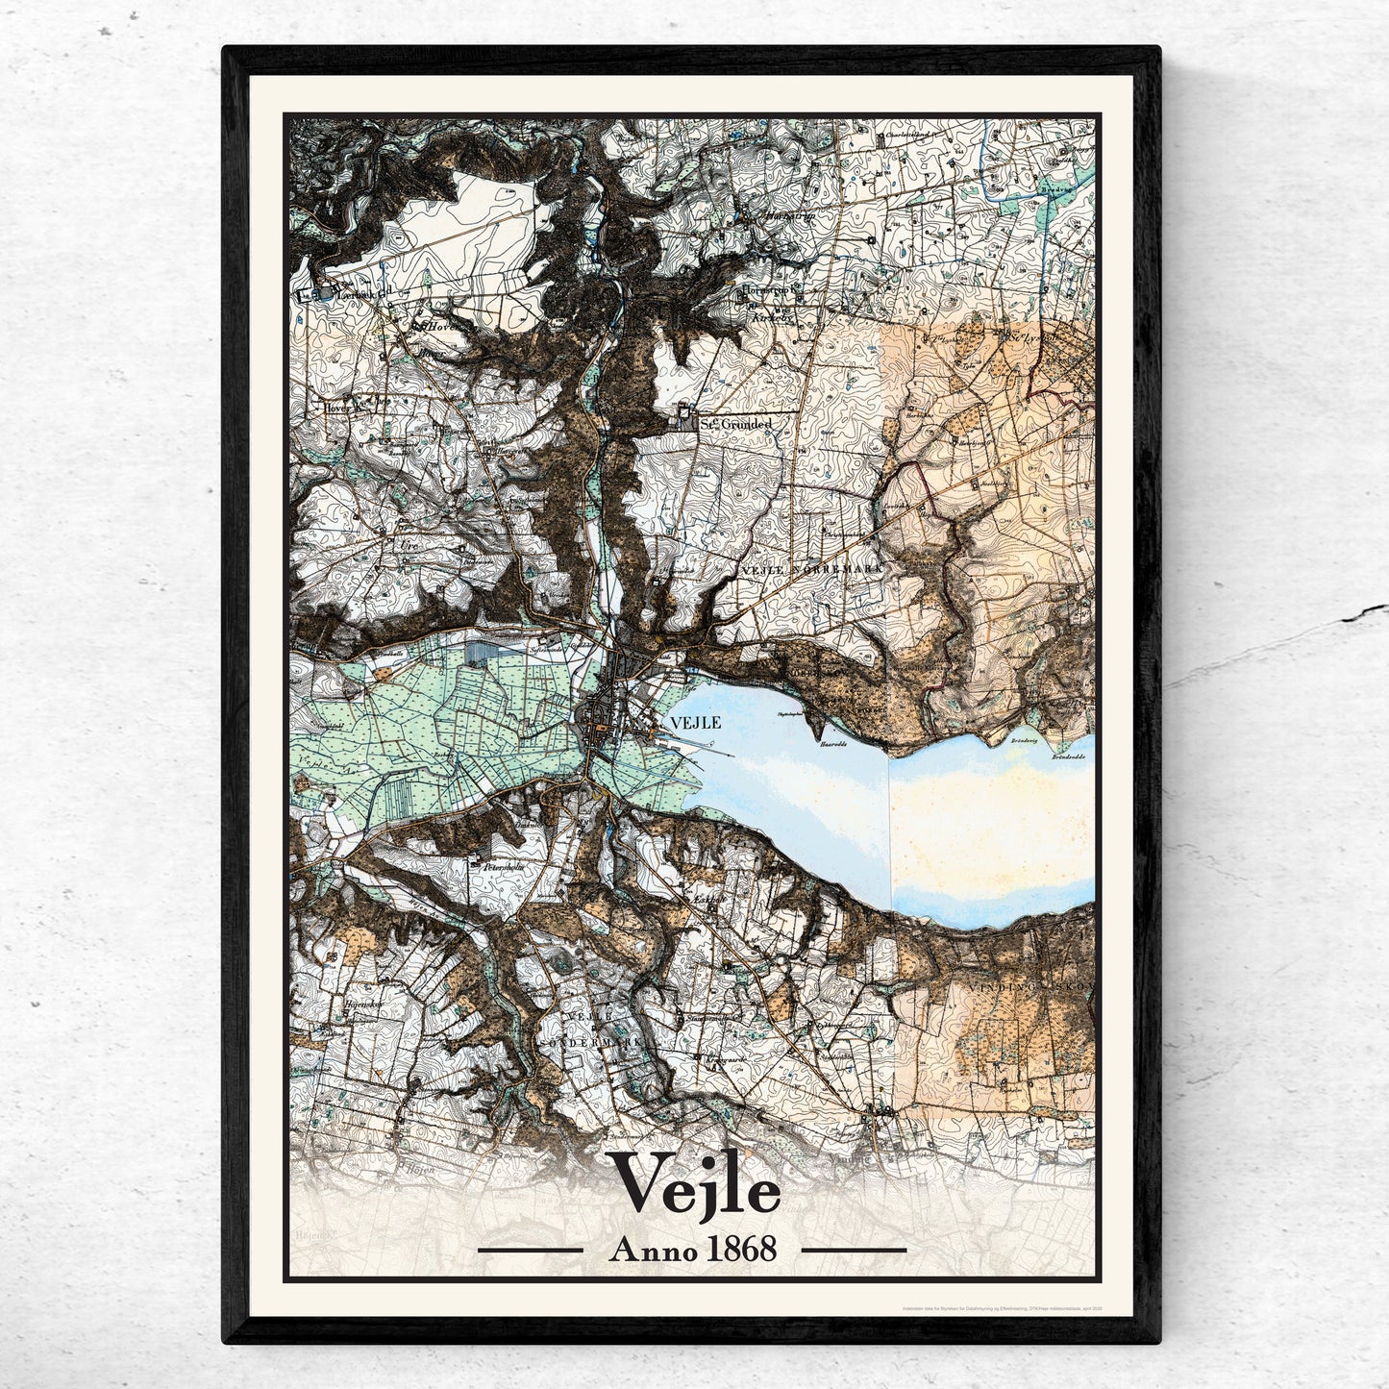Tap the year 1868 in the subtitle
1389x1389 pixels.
(x=740, y=1250)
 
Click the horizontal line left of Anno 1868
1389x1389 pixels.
(x=531, y=1251)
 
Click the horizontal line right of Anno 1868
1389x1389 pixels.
(x=854, y=1251)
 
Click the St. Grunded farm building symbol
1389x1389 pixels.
(x=685, y=416)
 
